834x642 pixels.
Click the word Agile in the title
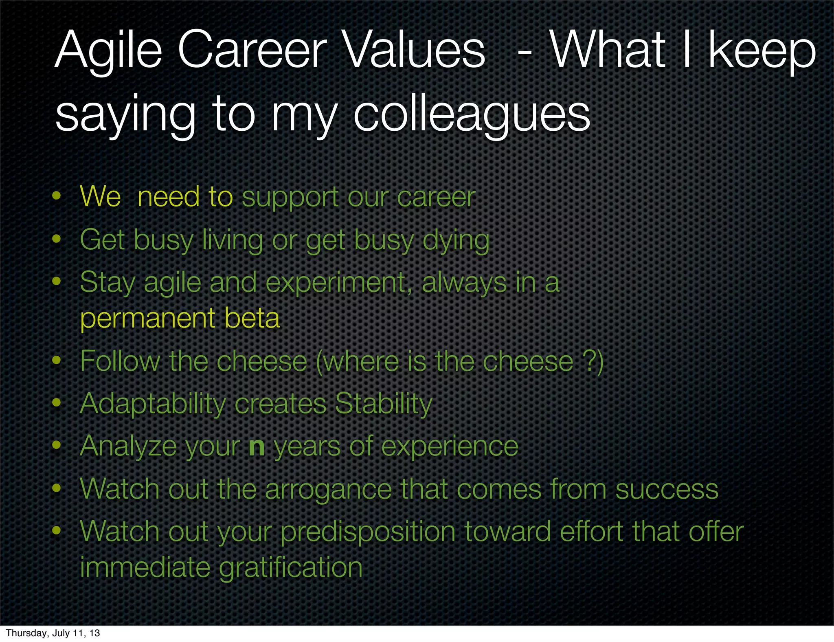pyautogui.click(x=108, y=51)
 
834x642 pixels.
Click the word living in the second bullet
pyautogui.click(x=233, y=240)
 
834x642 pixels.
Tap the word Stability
pyautogui.click(x=383, y=404)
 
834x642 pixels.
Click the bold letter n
pyautogui.click(x=257, y=447)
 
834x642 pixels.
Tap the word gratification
pyautogui.click(x=291, y=568)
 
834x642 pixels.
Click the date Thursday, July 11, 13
pyautogui.click(x=53, y=633)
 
